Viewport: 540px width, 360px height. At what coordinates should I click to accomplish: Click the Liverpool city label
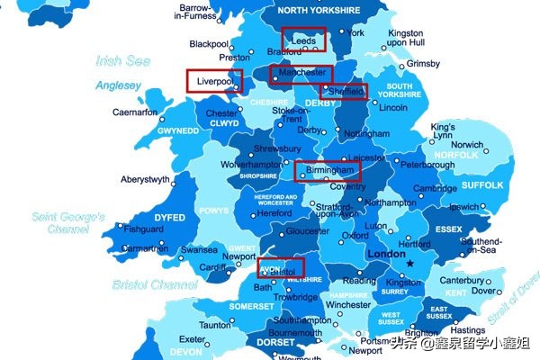point(214,80)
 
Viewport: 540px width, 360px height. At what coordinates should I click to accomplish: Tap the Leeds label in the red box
point(303,40)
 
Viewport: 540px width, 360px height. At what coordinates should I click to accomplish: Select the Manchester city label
point(301,72)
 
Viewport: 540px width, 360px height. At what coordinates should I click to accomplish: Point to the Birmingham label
point(328,169)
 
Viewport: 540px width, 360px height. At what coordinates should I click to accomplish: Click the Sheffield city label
point(346,92)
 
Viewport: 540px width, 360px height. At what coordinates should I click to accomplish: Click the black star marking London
point(410,264)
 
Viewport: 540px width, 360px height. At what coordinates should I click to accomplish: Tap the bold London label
point(387,255)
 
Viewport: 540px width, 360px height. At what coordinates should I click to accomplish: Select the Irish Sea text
point(123,61)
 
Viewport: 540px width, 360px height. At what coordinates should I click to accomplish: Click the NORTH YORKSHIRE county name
point(319,11)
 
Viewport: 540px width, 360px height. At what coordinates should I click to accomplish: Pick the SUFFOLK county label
point(483,185)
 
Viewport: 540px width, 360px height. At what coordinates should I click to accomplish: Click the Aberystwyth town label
point(145,179)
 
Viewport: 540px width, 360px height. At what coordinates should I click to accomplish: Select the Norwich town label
point(467,144)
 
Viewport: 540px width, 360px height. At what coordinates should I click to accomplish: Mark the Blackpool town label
point(209,44)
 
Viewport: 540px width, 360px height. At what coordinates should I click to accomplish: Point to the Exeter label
point(218,339)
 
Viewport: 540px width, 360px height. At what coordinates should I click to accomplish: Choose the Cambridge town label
point(436,188)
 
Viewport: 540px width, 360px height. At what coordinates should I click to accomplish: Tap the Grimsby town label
point(424,64)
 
